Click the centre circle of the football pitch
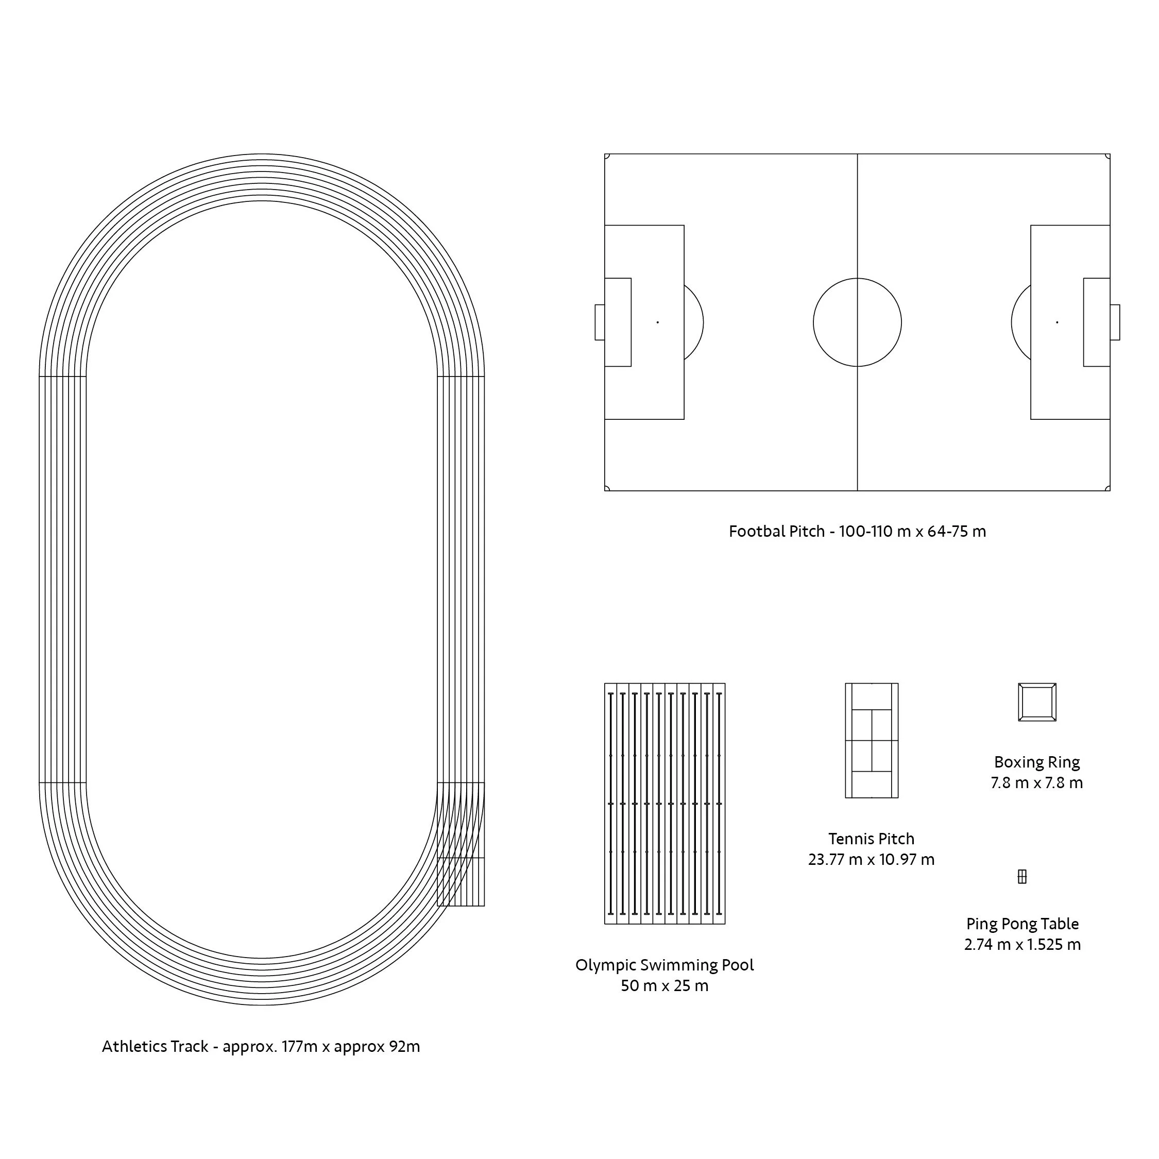tap(857, 322)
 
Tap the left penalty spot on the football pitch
tap(657, 322)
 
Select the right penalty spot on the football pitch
tap(1057, 322)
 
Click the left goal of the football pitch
tap(599, 322)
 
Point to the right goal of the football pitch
tap(1115, 322)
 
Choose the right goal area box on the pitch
tap(1097, 322)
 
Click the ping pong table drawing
tap(1022, 877)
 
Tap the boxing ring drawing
tap(1037, 702)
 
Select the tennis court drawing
tap(872, 740)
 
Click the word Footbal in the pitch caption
tap(751, 532)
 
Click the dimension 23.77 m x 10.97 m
tap(871, 860)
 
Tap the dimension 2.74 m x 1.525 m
tap(1022, 945)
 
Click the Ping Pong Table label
tap(1022, 924)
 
